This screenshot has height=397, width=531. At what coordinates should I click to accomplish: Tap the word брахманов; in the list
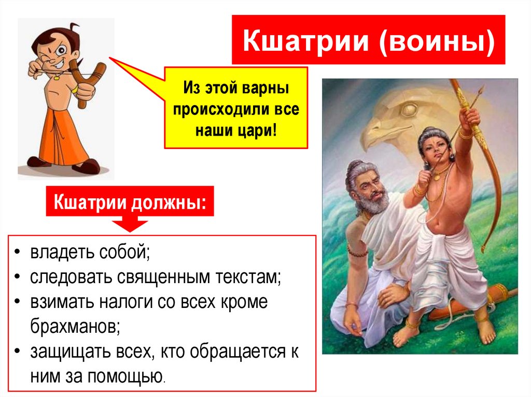75,326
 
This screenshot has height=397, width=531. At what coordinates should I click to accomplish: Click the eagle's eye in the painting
410,110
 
